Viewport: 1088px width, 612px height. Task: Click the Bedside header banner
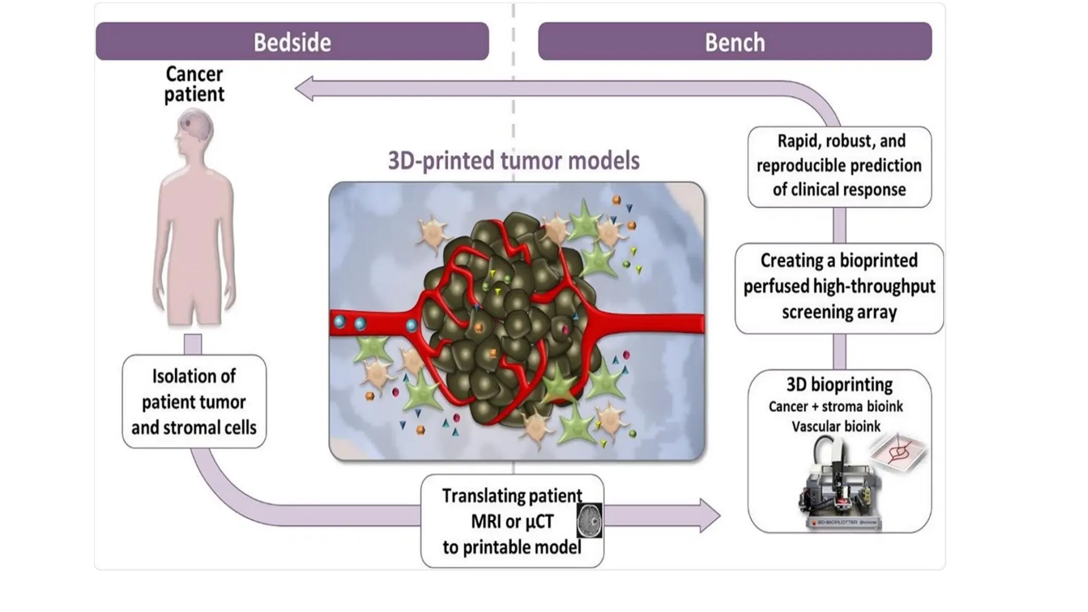click(x=292, y=41)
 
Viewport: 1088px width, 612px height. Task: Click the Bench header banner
click(x=735, y=41)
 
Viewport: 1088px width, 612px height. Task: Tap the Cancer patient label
click(x=194, y=84)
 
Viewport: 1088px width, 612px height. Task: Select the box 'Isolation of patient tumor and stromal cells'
click(x=194, y=402)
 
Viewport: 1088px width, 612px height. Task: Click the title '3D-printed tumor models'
click(x=513, y=160)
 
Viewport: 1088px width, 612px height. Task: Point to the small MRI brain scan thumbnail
click(x=589, y=521)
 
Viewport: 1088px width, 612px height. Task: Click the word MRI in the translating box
click(x=486, y=522)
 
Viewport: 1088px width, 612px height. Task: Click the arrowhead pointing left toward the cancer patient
click(x=304, y=89)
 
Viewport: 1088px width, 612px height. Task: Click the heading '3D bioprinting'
click(x=839, y=384)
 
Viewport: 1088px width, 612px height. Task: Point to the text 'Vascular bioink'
click(x=836, y=427)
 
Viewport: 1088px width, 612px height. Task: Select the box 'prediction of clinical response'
click(x=839, y=166)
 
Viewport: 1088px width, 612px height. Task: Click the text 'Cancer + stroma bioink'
click(x=836, y=406)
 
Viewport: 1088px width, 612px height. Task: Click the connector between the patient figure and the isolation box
click(x=193, y=344)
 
